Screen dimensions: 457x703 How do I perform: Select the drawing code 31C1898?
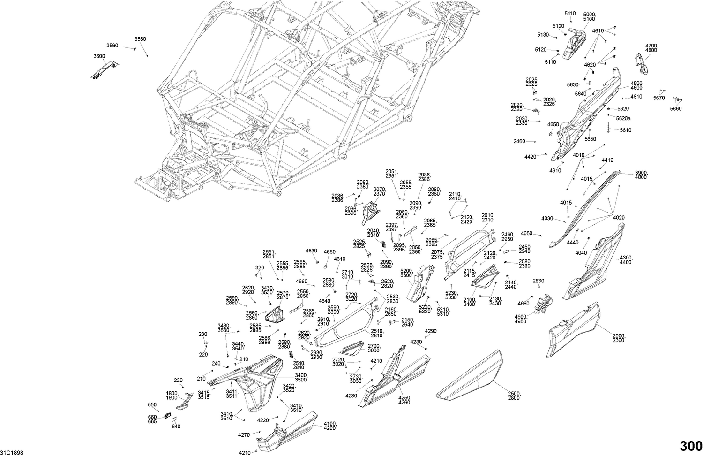coord(12,453)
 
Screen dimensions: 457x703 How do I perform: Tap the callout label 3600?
coord(99,56)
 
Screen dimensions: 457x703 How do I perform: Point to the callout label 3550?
coord(140,39)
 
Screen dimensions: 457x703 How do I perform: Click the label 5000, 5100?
coord(589,17)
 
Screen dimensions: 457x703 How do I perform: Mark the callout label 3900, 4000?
coord(641,175)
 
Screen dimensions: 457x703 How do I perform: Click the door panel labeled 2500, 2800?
coord(469,375)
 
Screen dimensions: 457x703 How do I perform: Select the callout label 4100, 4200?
coord(330,426)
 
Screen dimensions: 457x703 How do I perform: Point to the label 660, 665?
coord(152,419)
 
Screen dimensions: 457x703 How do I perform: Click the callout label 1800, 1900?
coord(172,396)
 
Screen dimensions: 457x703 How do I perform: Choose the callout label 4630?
coord(311,251)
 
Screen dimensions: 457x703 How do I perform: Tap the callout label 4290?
coord(430,331)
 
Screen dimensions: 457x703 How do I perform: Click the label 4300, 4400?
coord(626,260)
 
